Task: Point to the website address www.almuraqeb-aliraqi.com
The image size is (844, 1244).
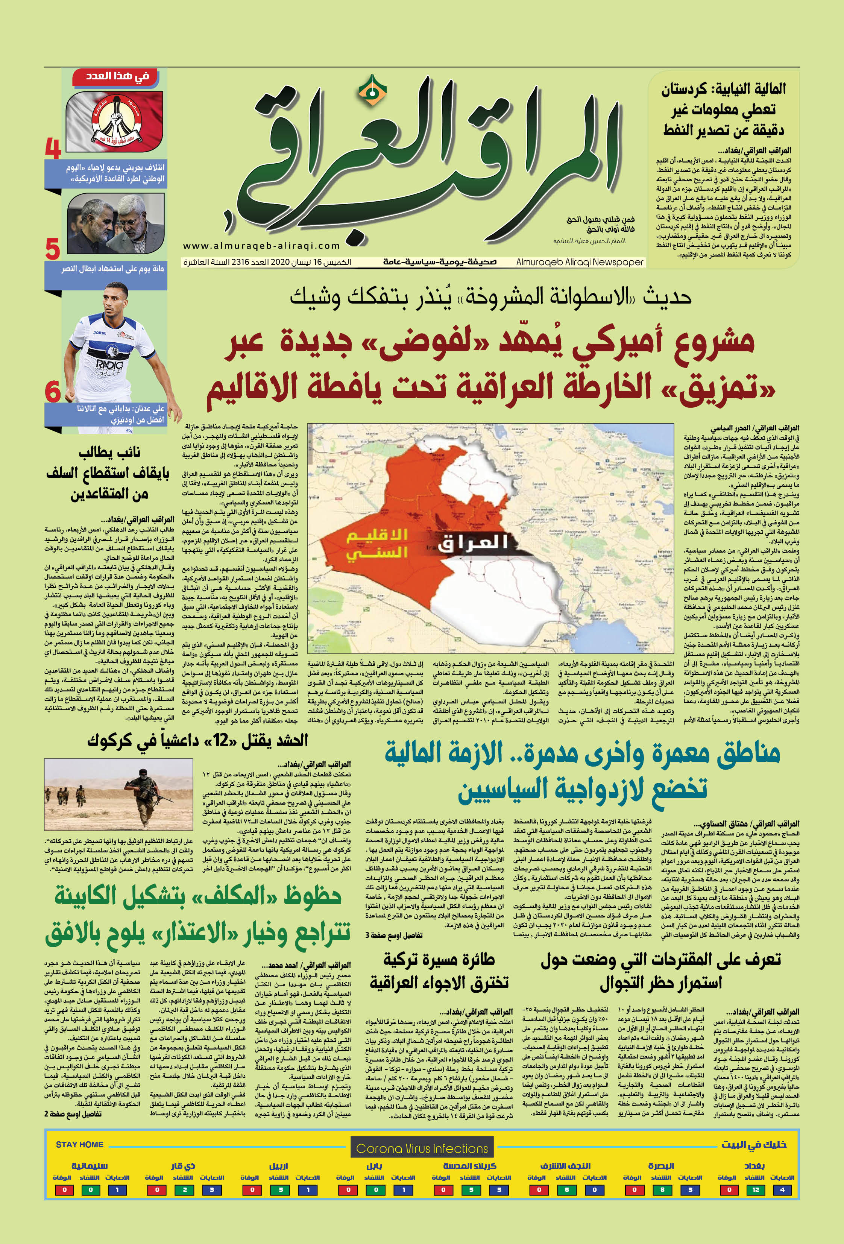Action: tap(262, 246)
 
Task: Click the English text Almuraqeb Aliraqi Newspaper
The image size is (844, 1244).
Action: tap(580, 262)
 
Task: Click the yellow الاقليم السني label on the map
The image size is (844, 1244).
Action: tap(377, 544)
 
